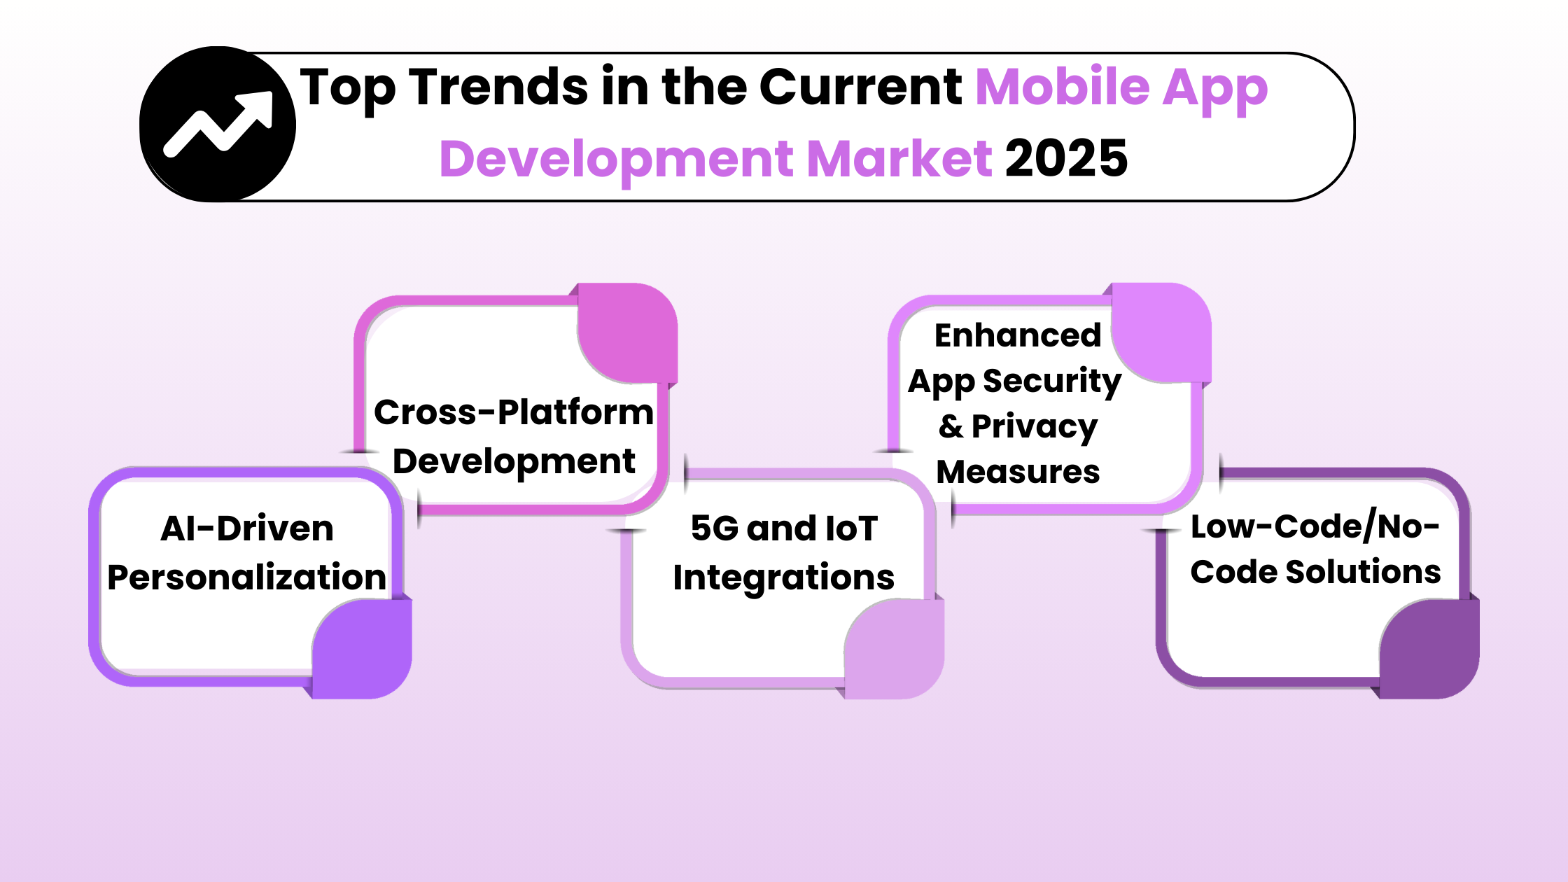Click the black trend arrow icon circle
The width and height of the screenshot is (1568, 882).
pyautogui.click(x=218, y=125)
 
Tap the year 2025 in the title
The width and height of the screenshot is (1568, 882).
pyautogui.click(x=1066, y=158)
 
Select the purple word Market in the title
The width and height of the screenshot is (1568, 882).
pyautogui.click(x=899, y=158)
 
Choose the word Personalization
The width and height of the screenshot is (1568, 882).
pyautogui.click(x=246, y=577)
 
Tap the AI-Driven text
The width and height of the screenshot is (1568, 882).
pyautogui.click(x=247, y=528)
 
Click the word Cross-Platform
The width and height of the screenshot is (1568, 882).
pyautogui.click(x=514, y=412)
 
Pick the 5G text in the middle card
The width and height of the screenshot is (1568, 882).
pyautogui.click(x=714, y=528)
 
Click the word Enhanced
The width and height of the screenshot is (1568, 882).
pyautogui.click(x=1018, y=335)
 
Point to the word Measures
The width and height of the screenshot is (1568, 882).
pyautogui.click(x=1018, y=472)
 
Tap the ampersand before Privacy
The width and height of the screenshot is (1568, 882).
pyautogui.click(x=951, y=426)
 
